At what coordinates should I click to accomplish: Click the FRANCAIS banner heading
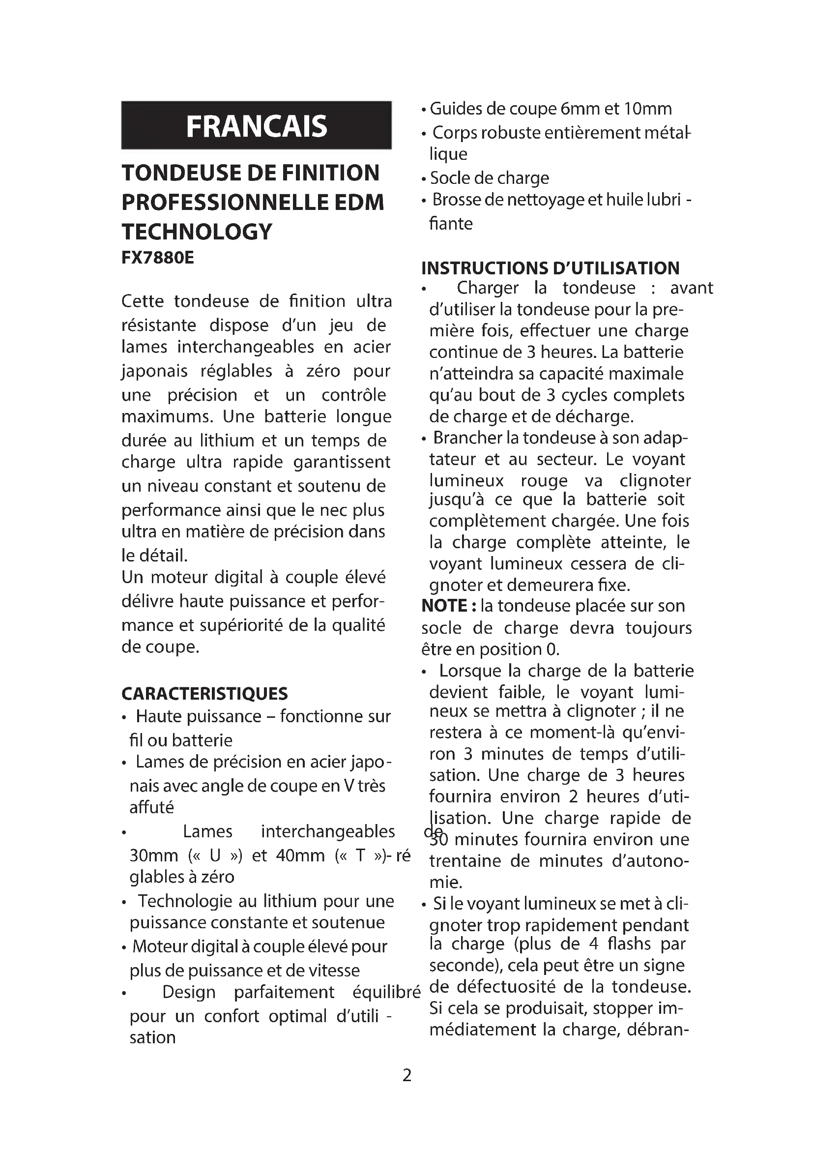(256, 126)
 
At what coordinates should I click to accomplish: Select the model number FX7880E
(157, 258)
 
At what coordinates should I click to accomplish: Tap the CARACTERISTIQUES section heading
(204, 694)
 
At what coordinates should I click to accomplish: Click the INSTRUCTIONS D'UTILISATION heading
(550, 268)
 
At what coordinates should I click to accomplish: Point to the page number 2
(407, 1075)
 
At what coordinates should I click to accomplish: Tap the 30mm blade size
(154, 855)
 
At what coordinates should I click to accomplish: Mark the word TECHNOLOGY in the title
(197, 232)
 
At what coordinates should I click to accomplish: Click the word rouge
(544, 481)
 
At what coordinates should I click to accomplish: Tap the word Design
(189, 992)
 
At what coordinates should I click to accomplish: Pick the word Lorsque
(470, 671)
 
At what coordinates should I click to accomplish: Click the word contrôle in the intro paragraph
(353, 395)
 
